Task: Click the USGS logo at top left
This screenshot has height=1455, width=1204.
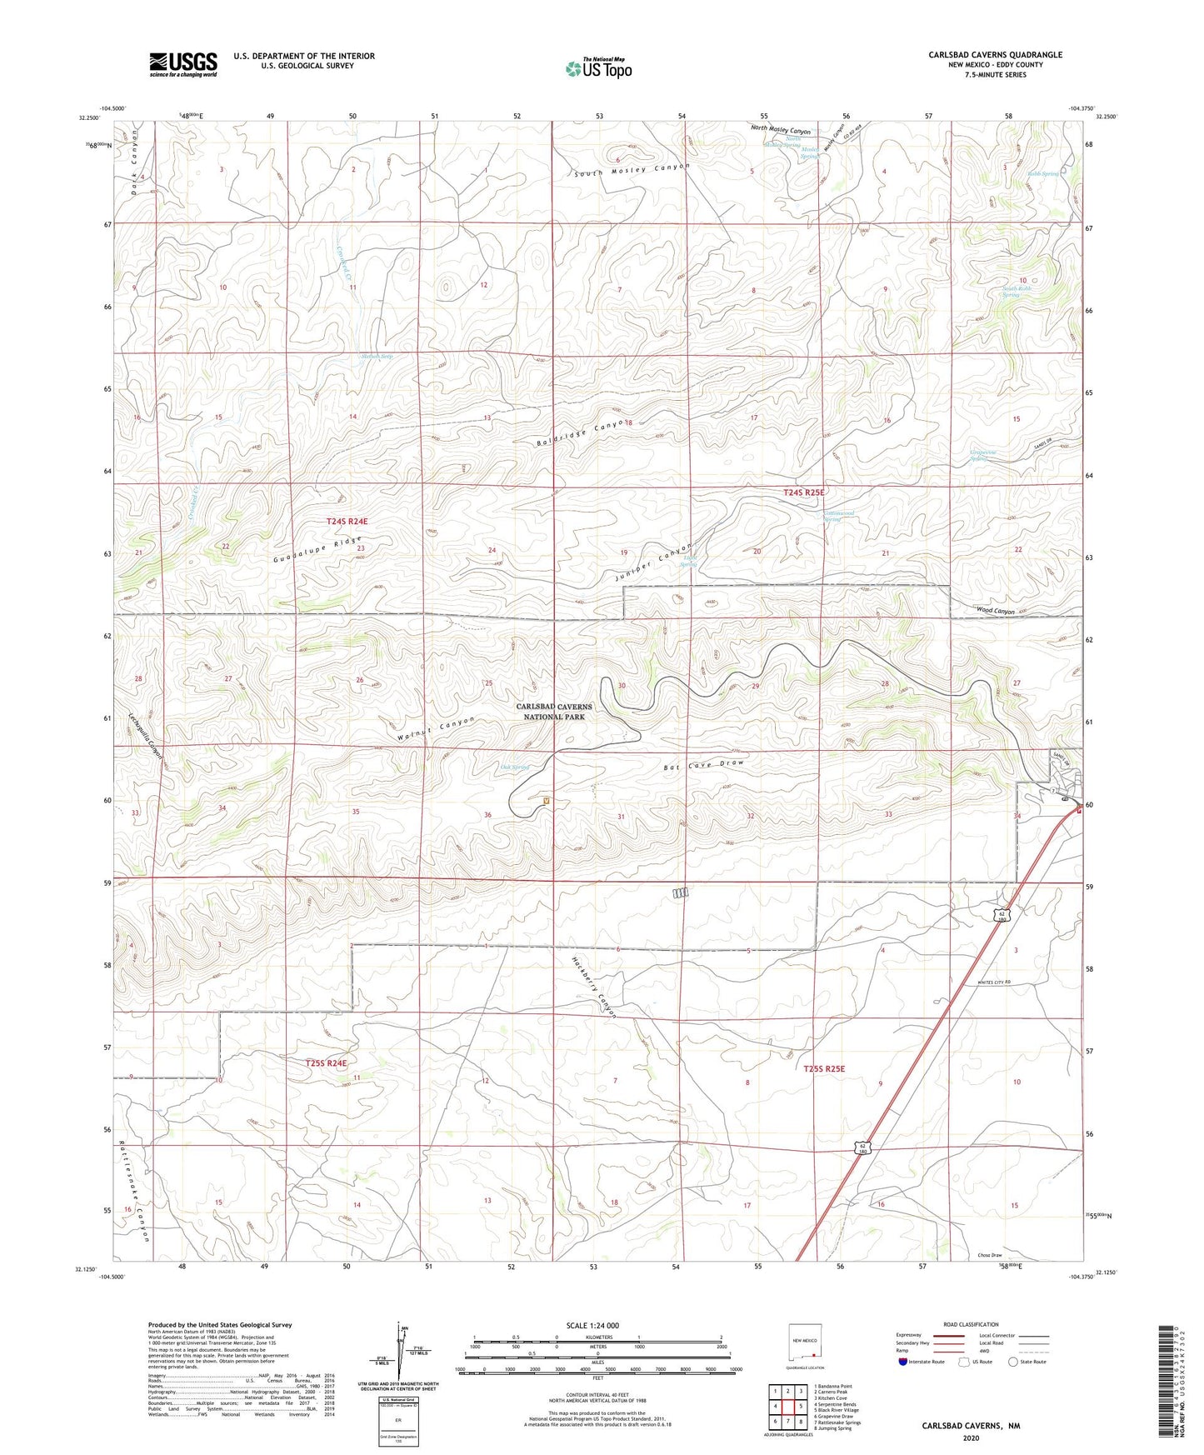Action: click(x=183, y=64)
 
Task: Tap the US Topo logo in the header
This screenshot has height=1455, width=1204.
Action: click(x=597, y=68)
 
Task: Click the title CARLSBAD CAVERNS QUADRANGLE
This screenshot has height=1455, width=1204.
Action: click(x=995, y=55)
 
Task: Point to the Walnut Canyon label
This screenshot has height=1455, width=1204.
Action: click(x=437, y=728)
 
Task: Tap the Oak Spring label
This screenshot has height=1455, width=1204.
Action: click(x=514, y=767)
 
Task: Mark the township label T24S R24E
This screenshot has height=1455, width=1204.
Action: click(x=347, y=521)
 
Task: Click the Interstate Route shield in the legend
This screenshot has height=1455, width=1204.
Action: click(x=903, y=1362)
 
